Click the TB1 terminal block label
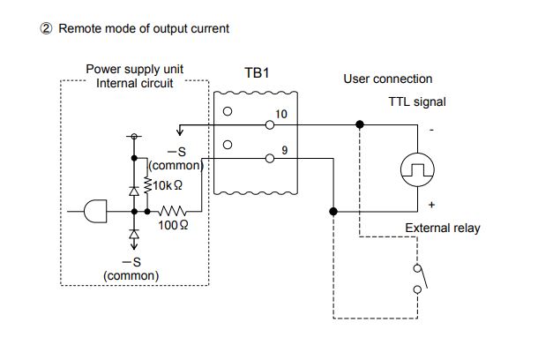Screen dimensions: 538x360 coord(257,72)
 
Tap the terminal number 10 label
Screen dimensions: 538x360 coord(281,114)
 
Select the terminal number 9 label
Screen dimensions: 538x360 coord(285,150)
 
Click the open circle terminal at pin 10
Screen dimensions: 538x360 coord(270,125)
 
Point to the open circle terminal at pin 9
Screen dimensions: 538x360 coord(270,158)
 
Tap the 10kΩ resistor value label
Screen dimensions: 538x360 coord(168,185)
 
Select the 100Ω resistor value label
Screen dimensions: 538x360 coord(173,225)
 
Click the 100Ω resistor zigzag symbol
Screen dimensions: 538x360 coord(172,211)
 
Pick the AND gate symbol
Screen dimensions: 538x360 coord(95,211)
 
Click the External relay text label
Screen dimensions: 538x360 coord(443,228)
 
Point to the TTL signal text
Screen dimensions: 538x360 coord(417,102)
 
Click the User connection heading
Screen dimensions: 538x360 coord(388,79)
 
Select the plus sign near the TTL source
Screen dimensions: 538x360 coord(431,205)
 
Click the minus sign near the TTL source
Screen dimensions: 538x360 coord(431,130)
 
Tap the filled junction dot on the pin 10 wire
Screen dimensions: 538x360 coord(359,124)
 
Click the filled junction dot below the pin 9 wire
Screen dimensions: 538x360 coord(333,212)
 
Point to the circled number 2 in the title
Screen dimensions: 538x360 coord(46,28)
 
